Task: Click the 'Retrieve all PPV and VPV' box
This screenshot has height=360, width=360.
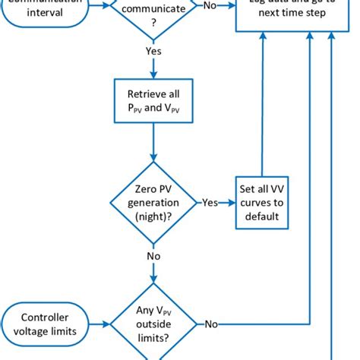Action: pyautogui.click(x=153, y=103)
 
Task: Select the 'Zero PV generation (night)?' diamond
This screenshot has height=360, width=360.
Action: pyautogui.click(x=153, y=203)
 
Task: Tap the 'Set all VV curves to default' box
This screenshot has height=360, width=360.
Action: pyautogui.click(x=261, y=203)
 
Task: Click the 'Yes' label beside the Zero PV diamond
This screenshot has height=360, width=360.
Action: pyautogui.click(x=210, y=204)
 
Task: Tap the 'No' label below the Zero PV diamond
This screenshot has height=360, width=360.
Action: pyautogui.click(x=153, y=257)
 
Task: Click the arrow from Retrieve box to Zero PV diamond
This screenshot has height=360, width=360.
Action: pyautogui.click(x=153, y=144)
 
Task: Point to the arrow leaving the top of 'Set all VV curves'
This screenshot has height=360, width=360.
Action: pyautogui.click(x=261, y=114)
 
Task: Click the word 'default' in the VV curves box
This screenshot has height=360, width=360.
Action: pyautogui.click(x=261, y=216)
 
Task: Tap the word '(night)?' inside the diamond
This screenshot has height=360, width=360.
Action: pyautogui.click(x=153, y=216)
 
